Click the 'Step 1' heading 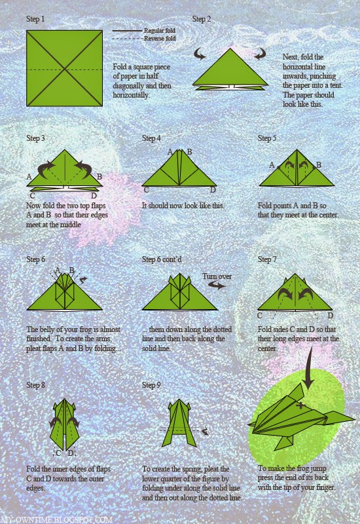click(35, 19)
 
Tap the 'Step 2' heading click(202, 19)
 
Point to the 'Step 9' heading click(151, 385)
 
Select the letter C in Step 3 click(32, 195)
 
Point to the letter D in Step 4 click(213, 190)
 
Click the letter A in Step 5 click(272, 164)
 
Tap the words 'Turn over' click(215, 276)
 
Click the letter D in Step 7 click(331, 316)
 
